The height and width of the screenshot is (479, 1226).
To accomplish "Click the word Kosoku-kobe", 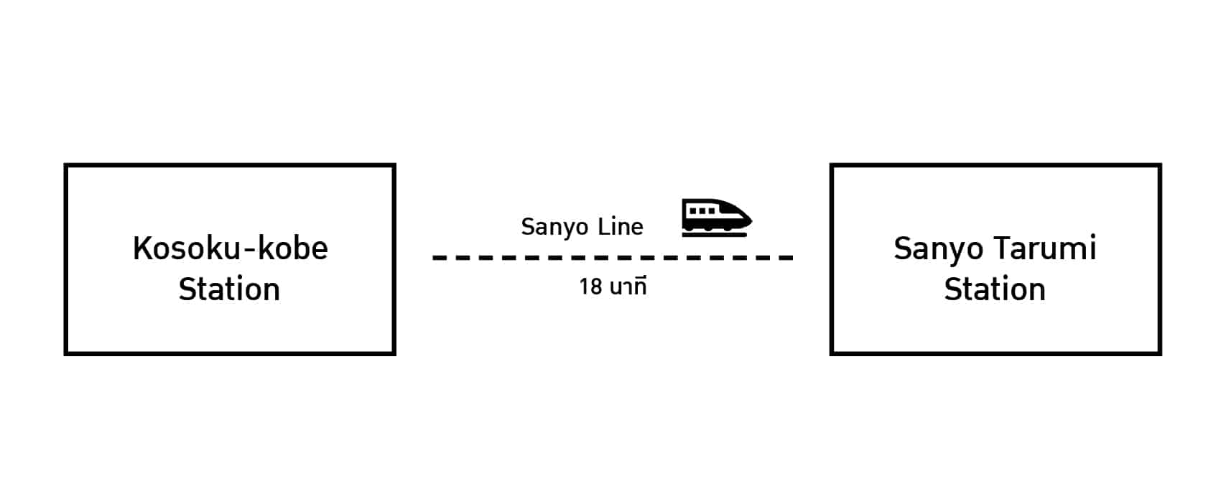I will point(230,248).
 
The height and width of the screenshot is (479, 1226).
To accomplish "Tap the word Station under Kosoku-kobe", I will point(229,289).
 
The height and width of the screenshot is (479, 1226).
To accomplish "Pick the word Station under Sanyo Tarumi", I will point(995,289).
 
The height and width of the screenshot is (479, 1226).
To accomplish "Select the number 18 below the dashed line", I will point(590,287).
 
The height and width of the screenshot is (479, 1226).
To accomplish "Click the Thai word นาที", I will point(628,287).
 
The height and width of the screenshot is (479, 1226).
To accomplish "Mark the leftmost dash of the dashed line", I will point(440,257).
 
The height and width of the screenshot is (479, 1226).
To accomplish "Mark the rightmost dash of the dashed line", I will point(786,257).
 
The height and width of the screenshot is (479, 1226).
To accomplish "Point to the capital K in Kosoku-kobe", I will point(141,248).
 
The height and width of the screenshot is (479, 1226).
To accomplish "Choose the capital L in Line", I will point(603,226).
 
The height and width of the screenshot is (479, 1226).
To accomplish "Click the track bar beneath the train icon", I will point(715,234).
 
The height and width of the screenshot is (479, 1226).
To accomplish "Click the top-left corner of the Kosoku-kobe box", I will point(66,166).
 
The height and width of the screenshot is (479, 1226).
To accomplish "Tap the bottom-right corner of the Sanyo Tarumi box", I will point(1159,353).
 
